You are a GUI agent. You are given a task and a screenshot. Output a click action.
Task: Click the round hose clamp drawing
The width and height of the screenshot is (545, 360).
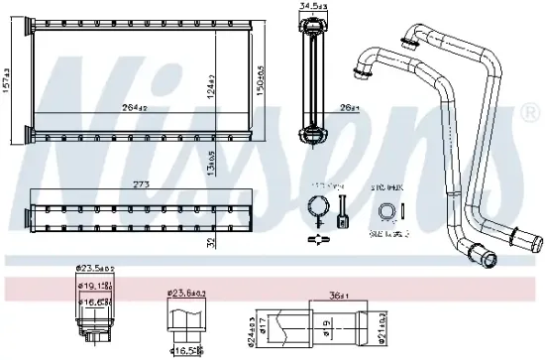pos(317,209)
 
